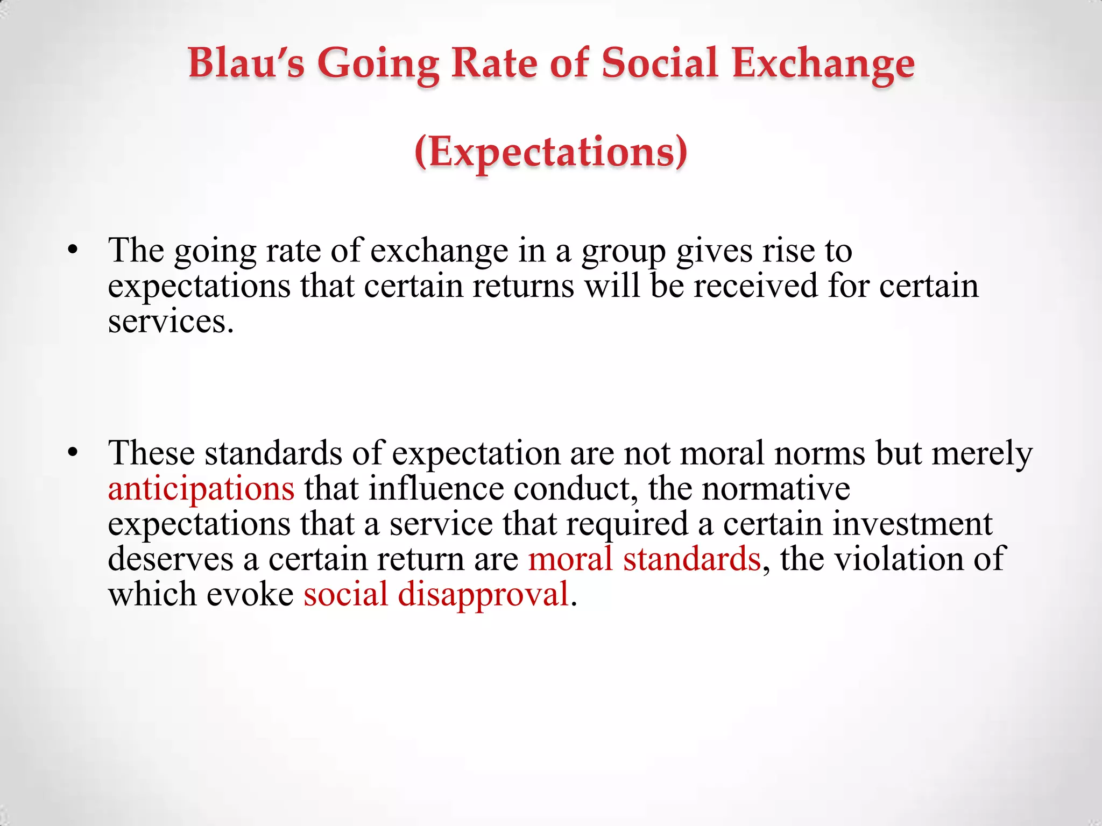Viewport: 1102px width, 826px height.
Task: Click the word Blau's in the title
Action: [246, 63]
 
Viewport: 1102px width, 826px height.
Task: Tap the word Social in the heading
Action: [660, 63]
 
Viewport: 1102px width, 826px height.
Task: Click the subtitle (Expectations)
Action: [551, 153]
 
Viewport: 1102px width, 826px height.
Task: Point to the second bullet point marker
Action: [74, 453]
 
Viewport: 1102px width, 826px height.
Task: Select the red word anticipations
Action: [201, 489]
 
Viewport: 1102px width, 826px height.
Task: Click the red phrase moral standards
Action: [644, 559]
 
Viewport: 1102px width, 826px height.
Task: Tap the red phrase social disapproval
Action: [436, 595]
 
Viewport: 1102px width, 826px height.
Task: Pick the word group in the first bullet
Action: [623, 252]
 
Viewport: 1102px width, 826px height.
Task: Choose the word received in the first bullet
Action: [755, 286]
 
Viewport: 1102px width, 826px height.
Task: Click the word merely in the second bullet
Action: [982, 454]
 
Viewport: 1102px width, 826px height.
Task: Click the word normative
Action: [776, 489]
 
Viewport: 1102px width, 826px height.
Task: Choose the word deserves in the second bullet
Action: [171, 559]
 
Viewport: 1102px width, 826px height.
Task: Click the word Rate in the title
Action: [494, 63]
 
